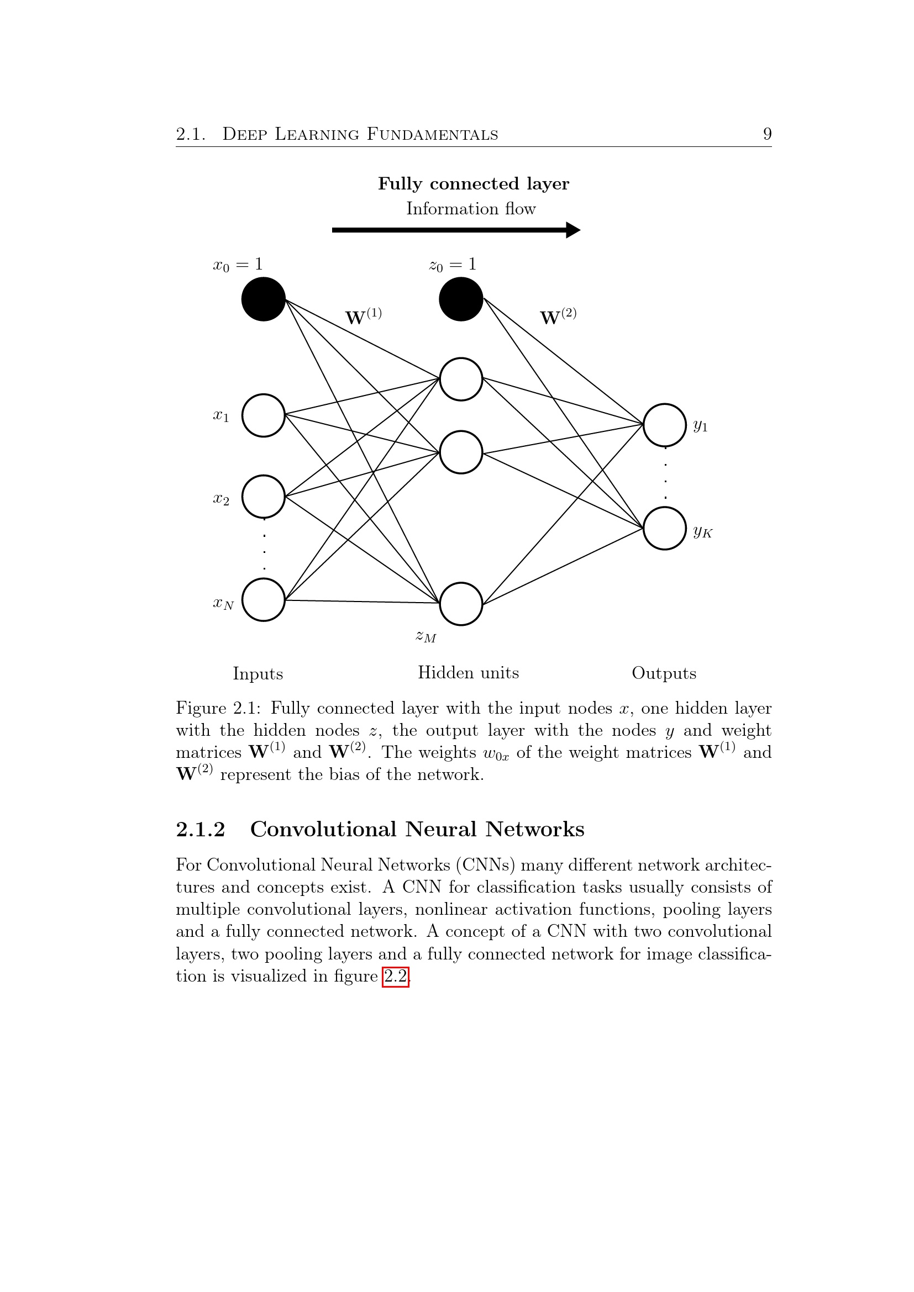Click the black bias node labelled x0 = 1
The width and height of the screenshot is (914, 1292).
(x=264, y=299)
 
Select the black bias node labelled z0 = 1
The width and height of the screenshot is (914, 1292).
(x=461, y=299)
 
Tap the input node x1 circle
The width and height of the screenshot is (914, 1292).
(x=264, y=415)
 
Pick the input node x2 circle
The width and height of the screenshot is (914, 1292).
(x=264, y=497)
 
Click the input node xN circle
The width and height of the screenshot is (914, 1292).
(x=264, y=600)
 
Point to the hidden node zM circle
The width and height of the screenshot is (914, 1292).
(x=461, y=604)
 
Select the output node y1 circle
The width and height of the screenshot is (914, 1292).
(x=665, y=425)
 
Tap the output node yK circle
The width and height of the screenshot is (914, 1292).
(x=665, y=529)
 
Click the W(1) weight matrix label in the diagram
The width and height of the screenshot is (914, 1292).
(x=363, y=317)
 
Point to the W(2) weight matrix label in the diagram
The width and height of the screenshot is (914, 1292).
(x=558, y=317)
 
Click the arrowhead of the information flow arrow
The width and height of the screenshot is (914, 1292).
(x=573, y=230)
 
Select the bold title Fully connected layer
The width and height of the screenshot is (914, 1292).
(x=474, y=183)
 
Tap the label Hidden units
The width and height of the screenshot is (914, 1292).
(x=468, y=672)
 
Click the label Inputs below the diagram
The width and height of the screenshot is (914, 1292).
(x=258, y=673)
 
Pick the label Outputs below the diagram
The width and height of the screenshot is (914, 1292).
(x=664, y=673)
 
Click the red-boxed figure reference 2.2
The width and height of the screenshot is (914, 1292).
(x=396, y=976)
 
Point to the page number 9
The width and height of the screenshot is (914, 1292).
(x=767, y=134)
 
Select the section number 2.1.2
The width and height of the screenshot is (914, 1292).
(x=201, y=830)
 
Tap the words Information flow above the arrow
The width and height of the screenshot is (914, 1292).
(x=471, y=209)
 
